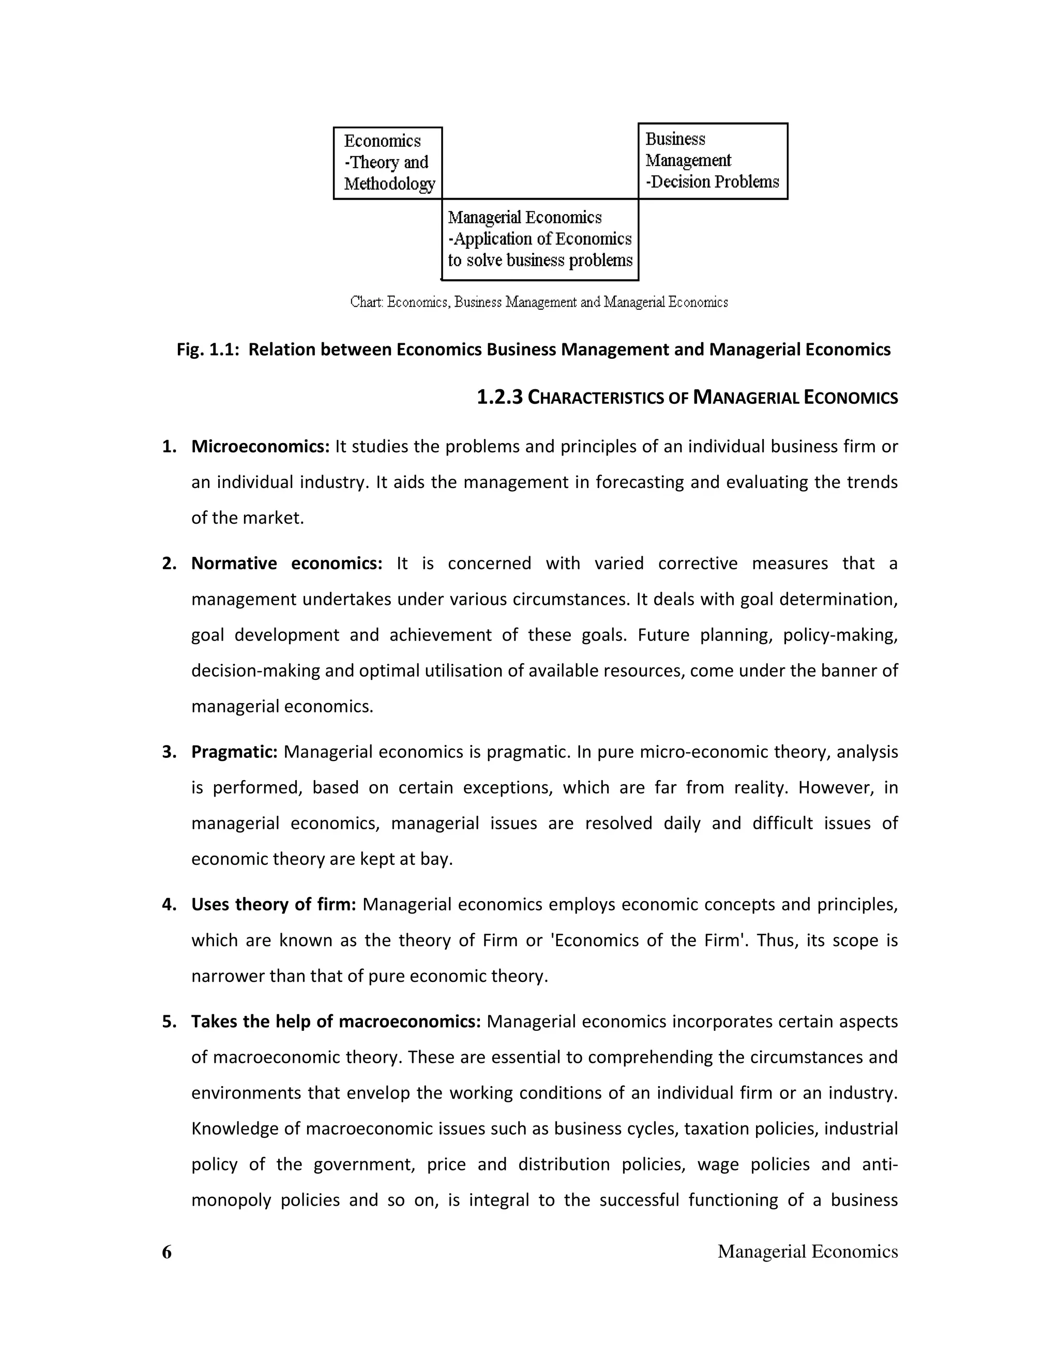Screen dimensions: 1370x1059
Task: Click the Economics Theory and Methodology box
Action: (x=388, y=163)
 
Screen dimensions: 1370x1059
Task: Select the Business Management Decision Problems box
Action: (x=712, y=161)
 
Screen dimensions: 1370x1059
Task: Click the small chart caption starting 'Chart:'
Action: (x=539, y=302)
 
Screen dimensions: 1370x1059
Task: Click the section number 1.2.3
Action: (x=500, y=398)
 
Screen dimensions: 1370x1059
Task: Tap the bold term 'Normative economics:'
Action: (x=286, y=564)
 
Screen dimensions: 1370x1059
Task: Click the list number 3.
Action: (x=168, y=752)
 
